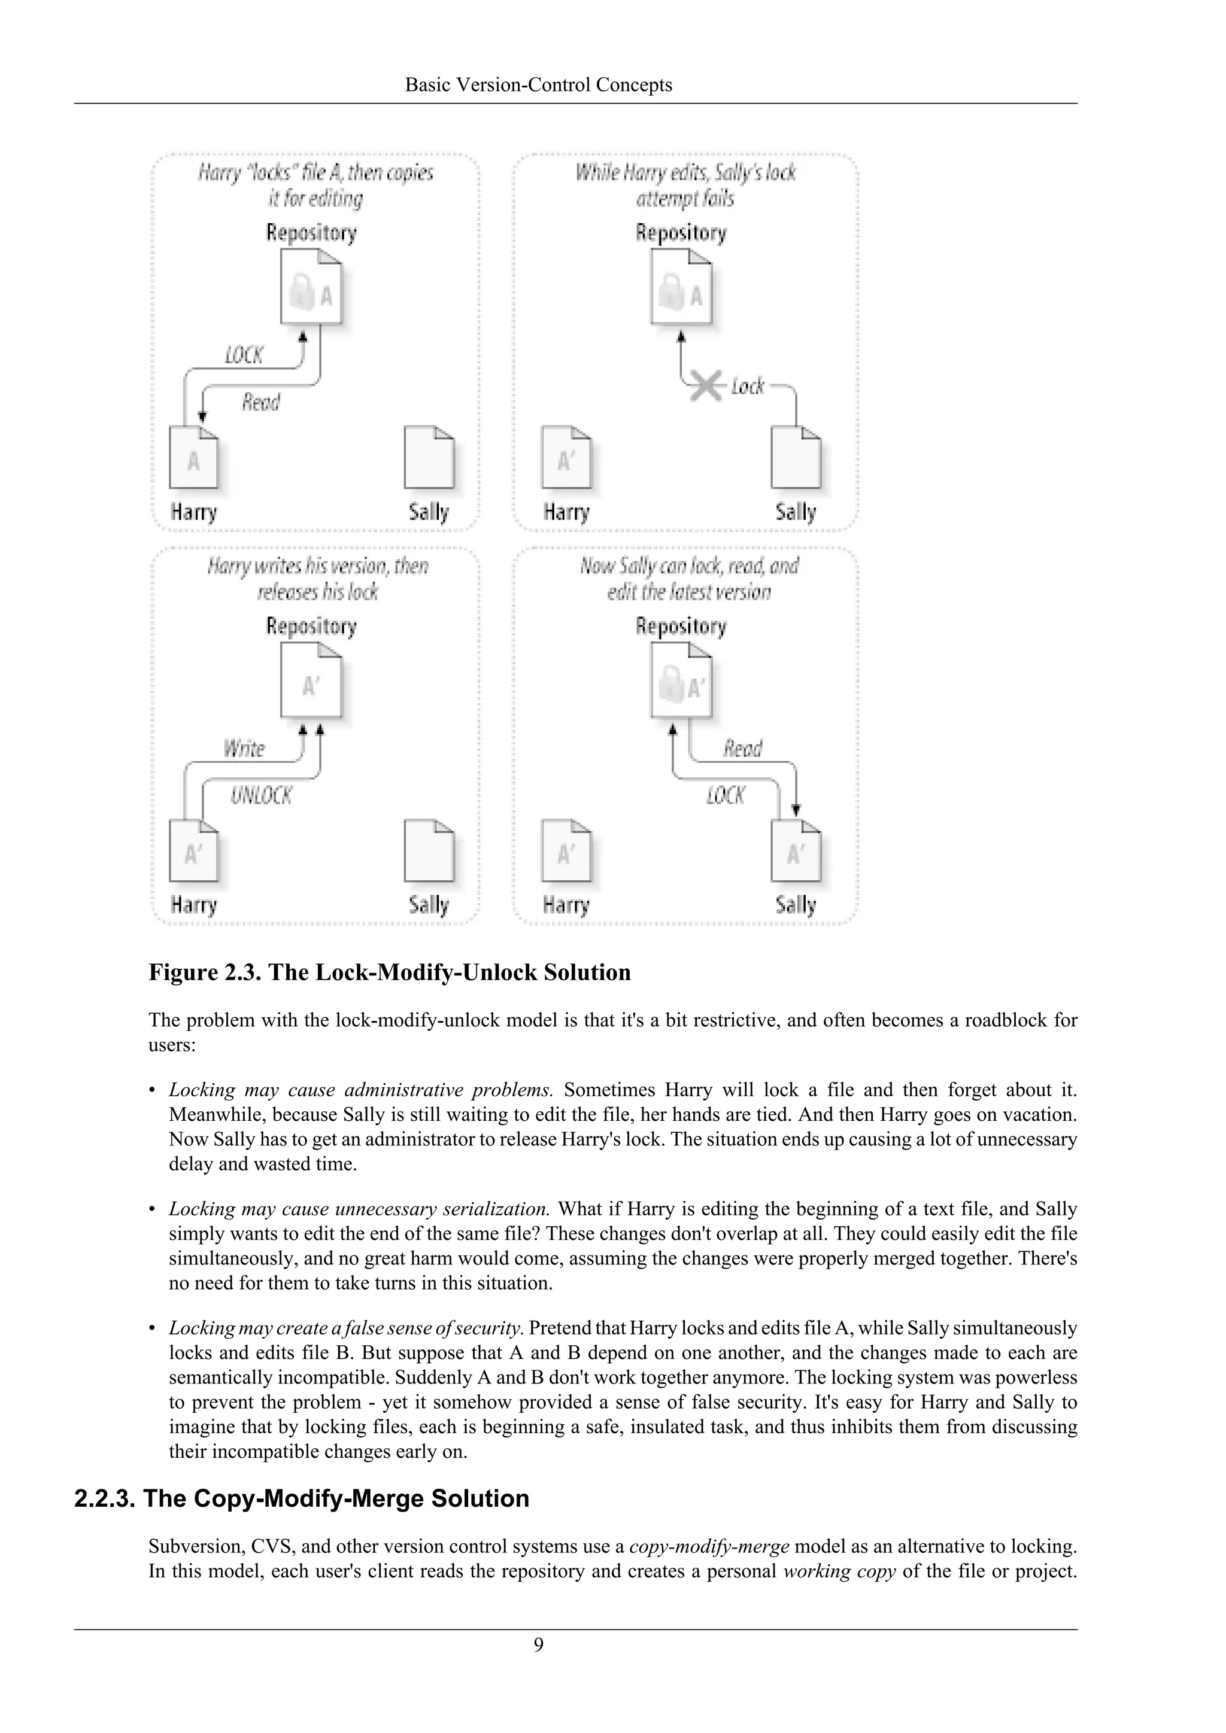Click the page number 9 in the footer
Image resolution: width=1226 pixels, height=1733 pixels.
tap(538, 1644)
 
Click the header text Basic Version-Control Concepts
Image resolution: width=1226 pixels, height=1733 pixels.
tap(538, 84)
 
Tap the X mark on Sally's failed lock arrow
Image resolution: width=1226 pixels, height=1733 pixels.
tap(705, 387)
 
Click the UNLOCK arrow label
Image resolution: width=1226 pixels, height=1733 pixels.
tap(261, 795)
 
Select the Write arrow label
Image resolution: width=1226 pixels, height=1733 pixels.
tap(244, 748)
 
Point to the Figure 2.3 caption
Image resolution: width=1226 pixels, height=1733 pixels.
tap(390, 972)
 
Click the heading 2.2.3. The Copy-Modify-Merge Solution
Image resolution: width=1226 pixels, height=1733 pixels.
tap(302, 1498)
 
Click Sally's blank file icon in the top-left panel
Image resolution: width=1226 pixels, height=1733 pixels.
tap(429, 457)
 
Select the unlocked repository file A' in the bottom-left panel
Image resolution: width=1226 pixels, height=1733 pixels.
tap(311, 684)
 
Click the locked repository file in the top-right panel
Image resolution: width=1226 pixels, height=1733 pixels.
tap(681, 291)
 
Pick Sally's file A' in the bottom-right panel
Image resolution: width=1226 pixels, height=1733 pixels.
tap(795, 851)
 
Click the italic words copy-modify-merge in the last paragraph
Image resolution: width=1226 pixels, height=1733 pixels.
tap(709, 1546)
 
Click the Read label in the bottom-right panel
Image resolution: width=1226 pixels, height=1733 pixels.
tap(743, 748)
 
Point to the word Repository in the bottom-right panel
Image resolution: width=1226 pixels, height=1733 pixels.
tap(680, 626)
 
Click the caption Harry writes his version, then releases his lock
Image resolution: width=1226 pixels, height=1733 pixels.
tap(317, 578)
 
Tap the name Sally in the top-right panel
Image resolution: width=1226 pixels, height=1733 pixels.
tap(795, 512)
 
